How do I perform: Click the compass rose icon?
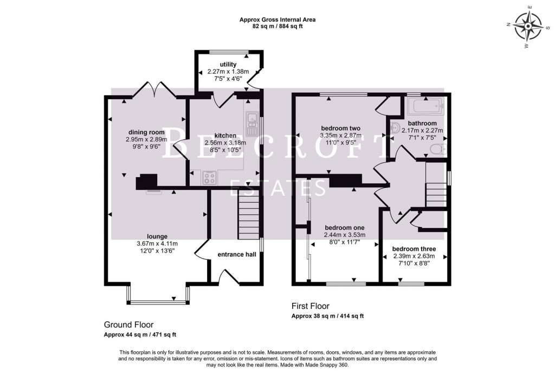coord(528,25)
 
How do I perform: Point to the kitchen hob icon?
coord(210,177)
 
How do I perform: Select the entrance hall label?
coord(237,254)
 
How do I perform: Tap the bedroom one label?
coord(344,228)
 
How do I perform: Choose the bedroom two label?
coord(340,128)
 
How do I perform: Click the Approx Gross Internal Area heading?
coord(277,20)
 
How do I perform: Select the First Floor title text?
coord(310,306)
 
